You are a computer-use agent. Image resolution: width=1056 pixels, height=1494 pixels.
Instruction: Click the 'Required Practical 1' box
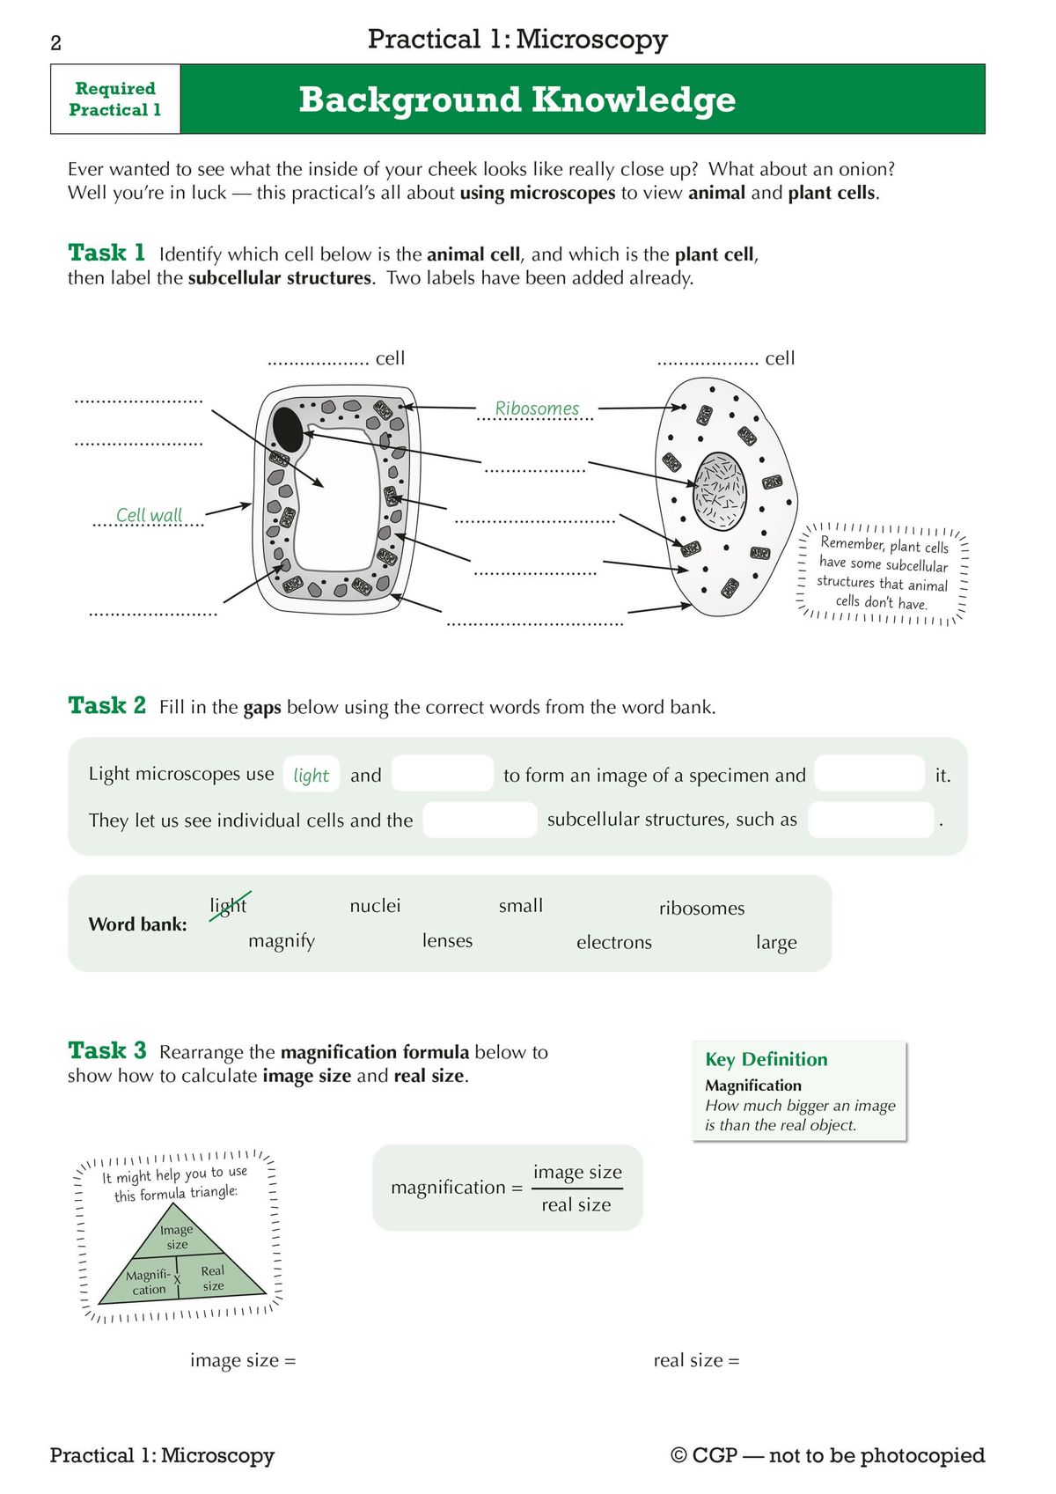pyautogui.click(x=115, y=99)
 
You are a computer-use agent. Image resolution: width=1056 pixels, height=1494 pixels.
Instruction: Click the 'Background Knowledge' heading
pyautogui.click(x=517, y=99)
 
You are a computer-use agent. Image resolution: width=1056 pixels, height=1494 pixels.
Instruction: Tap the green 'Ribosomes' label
pyautogui.click(x=537, y=408)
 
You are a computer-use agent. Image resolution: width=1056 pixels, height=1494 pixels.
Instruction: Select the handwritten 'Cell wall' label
pyautogui.click(x=149, y=515)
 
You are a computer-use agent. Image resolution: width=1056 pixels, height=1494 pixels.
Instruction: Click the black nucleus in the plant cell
pyautogui.click(x=289, y=429)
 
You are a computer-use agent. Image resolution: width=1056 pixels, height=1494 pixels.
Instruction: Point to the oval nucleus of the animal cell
pyautogui.click(x=721, y=490)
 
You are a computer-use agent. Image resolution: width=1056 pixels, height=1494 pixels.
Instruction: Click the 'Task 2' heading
pyautogui.click(x=106, y=705)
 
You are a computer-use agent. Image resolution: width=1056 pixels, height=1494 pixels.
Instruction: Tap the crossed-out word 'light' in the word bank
pyautogui.click(x=229, y=905)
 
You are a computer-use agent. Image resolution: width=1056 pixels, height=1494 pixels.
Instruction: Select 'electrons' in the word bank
pyautogui.click(x=613, y=942)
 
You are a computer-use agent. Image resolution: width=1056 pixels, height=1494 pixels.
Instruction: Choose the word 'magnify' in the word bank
pyautogui.click(x=282, y=940)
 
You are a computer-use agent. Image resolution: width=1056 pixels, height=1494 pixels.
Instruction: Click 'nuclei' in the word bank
pyautogui.click(x=375, y=905)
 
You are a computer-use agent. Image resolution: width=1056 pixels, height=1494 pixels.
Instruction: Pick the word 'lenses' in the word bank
pyautogui.click(x=447, y=940)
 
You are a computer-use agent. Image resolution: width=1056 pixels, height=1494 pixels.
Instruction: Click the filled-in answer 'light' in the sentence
pyautogui.click(x=311, y=775)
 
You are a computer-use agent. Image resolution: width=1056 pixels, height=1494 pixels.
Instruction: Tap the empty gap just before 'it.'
pyautogui.click(x=869, y=773)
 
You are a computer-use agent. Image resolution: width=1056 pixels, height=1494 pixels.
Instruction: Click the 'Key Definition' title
pyautogui.click(x=766, y=1059)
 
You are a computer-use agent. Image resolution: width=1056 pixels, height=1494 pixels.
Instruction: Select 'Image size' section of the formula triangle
pyautogui.click(x=177, y=1237)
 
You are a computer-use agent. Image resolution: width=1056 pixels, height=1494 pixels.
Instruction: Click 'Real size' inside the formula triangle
pyautogui.click(x=213, y=1278)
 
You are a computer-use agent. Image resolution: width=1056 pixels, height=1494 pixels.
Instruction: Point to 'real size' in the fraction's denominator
pyautogui.click(x=576, y=1204)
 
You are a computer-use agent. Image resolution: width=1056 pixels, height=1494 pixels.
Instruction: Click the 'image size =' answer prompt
pyautogui.click(x=243, y=1360)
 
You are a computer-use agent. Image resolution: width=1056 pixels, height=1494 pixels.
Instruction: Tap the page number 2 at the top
pyautogui.click(x=56, y=43)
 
